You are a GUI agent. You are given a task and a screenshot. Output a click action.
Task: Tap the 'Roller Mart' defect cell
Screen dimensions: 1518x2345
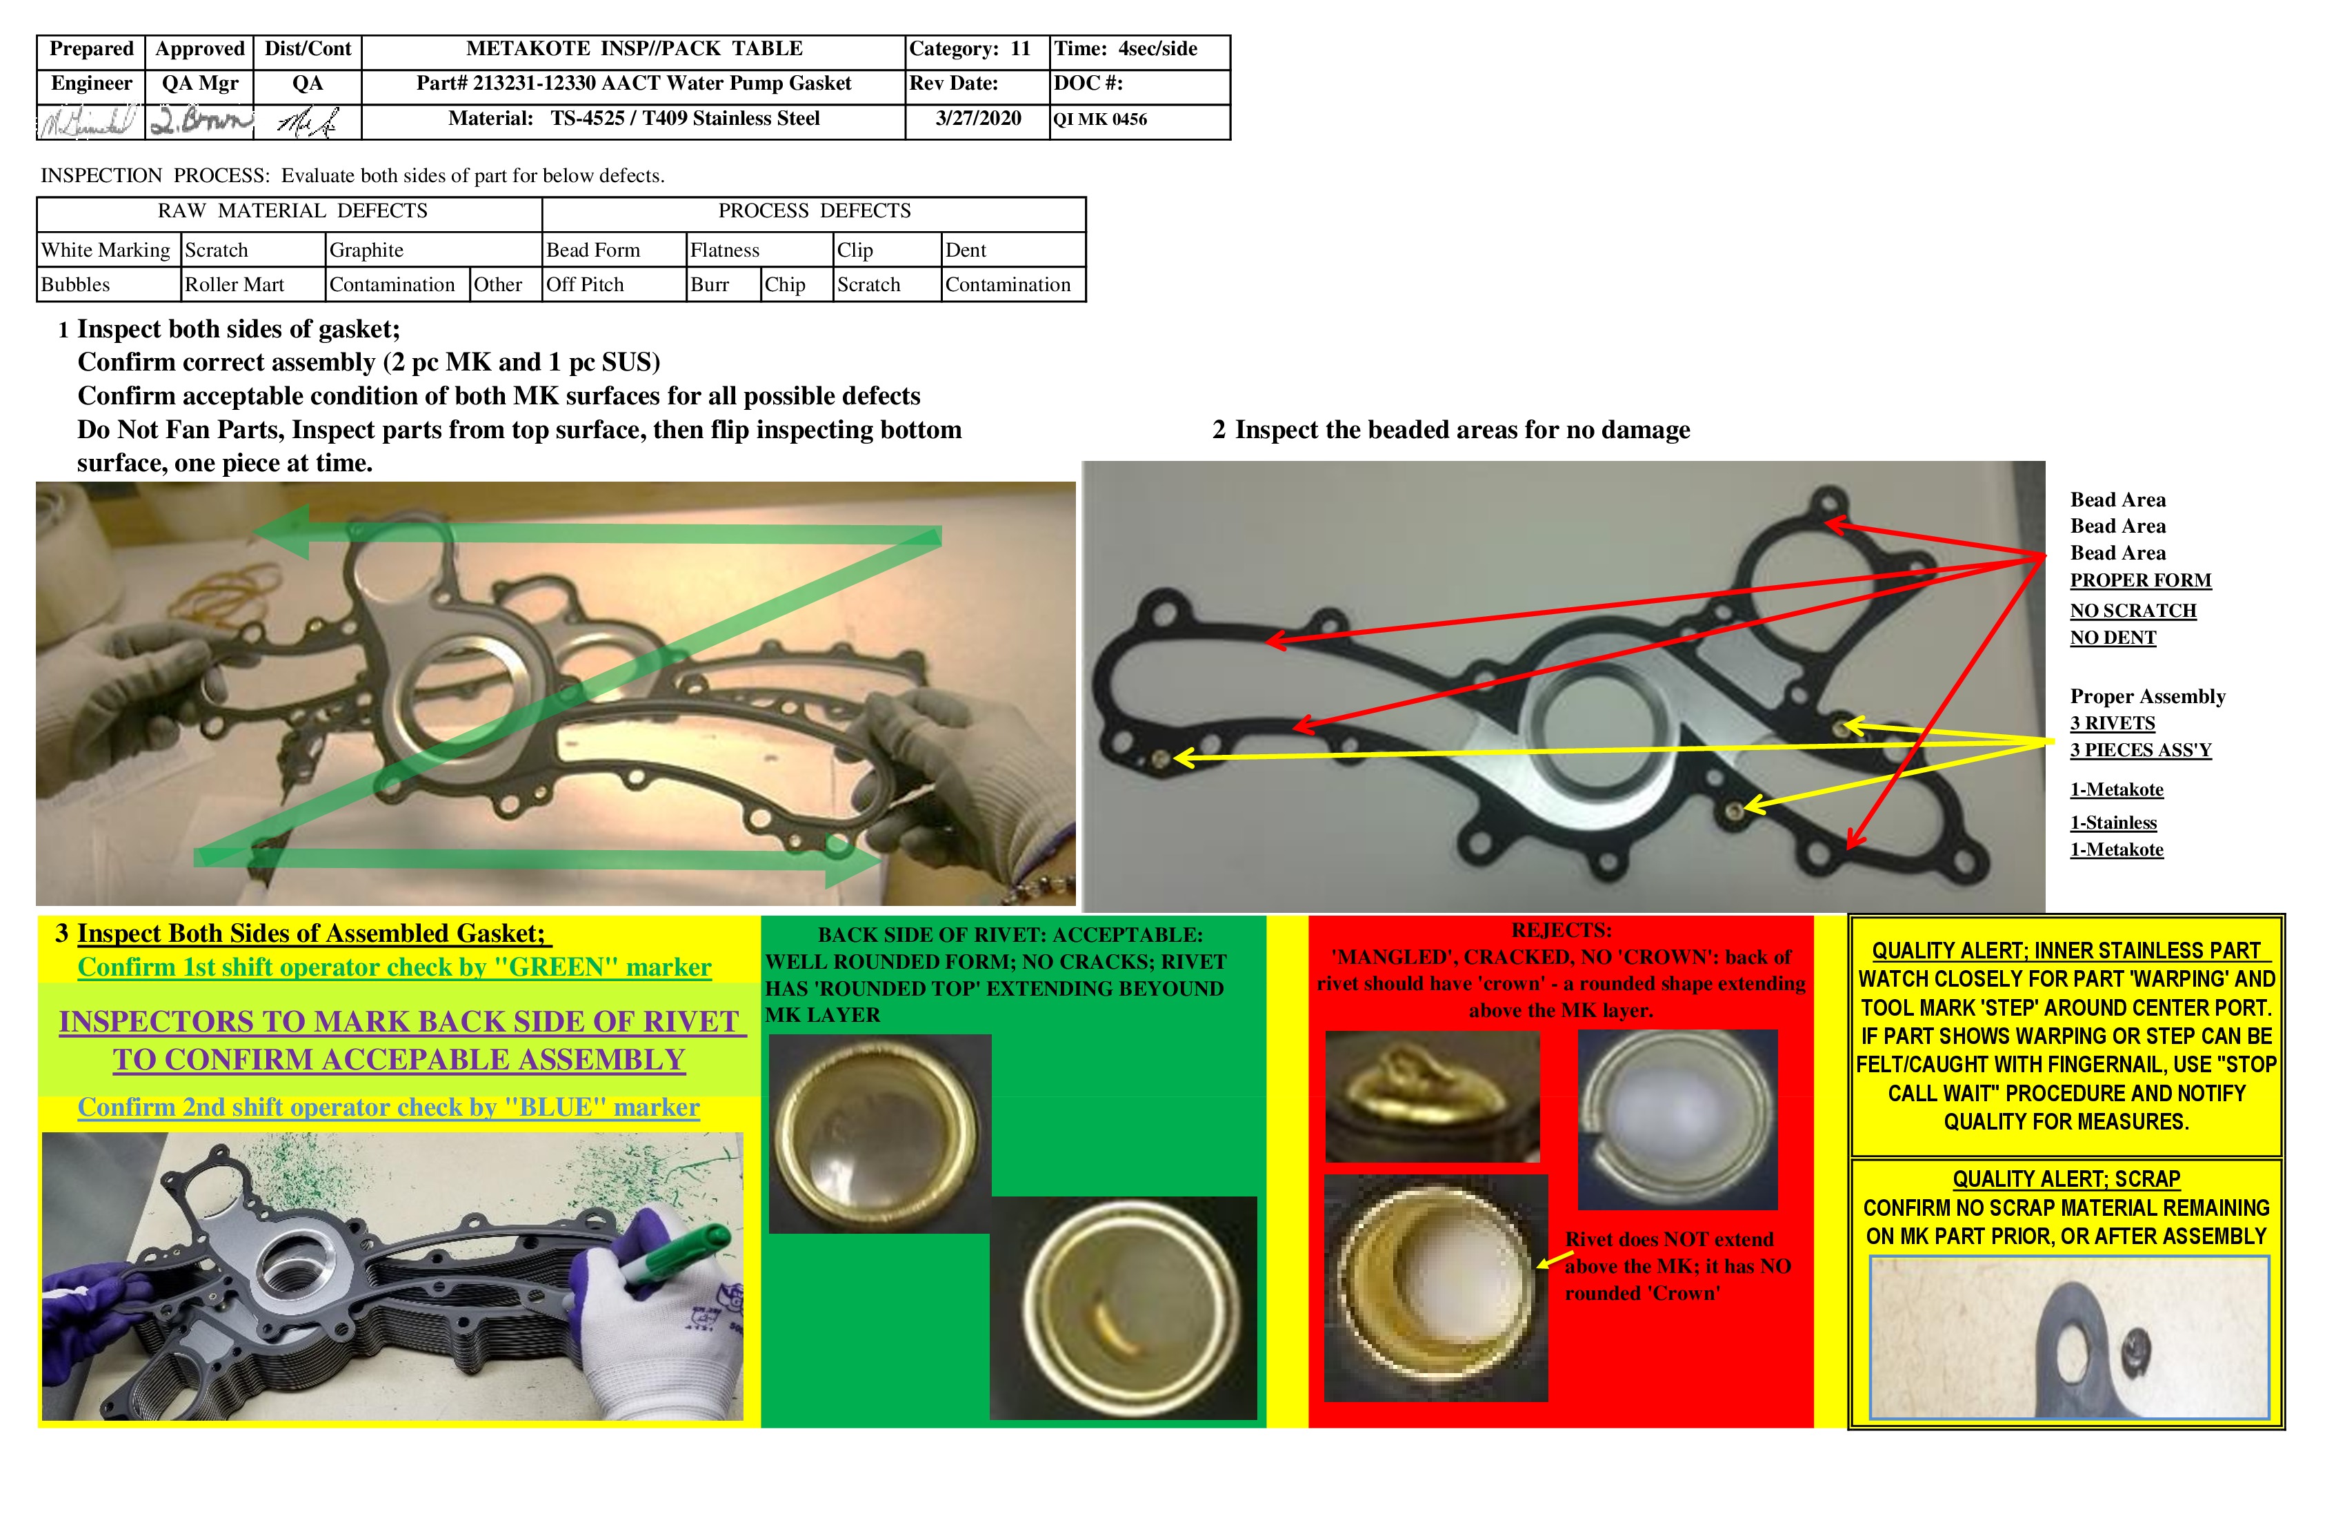point(234,285)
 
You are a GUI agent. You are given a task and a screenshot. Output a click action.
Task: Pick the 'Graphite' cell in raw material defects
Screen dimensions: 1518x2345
point(366,250)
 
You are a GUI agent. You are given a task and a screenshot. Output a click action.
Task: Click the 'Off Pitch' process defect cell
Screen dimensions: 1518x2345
point(586,285)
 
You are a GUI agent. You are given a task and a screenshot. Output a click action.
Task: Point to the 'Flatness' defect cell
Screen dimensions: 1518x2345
point(725,250)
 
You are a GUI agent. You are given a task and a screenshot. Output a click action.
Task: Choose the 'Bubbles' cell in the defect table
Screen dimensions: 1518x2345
point(76,285)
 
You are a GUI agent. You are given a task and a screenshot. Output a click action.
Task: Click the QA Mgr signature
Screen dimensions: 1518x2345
point(200,121)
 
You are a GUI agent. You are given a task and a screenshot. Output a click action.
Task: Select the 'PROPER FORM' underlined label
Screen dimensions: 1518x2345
point(2140,580)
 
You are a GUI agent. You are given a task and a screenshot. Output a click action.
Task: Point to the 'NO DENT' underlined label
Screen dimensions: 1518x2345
point(2113,638)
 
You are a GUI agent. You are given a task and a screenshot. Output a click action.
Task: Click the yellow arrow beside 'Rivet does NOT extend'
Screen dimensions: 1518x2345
point(1554,1260)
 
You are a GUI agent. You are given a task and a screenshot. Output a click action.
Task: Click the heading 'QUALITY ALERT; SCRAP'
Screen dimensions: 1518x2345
point(2066,1179)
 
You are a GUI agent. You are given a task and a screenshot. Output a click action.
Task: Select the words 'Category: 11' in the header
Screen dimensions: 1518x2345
point(968,49)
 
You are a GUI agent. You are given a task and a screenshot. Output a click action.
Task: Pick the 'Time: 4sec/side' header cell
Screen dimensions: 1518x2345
point(1125,49)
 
